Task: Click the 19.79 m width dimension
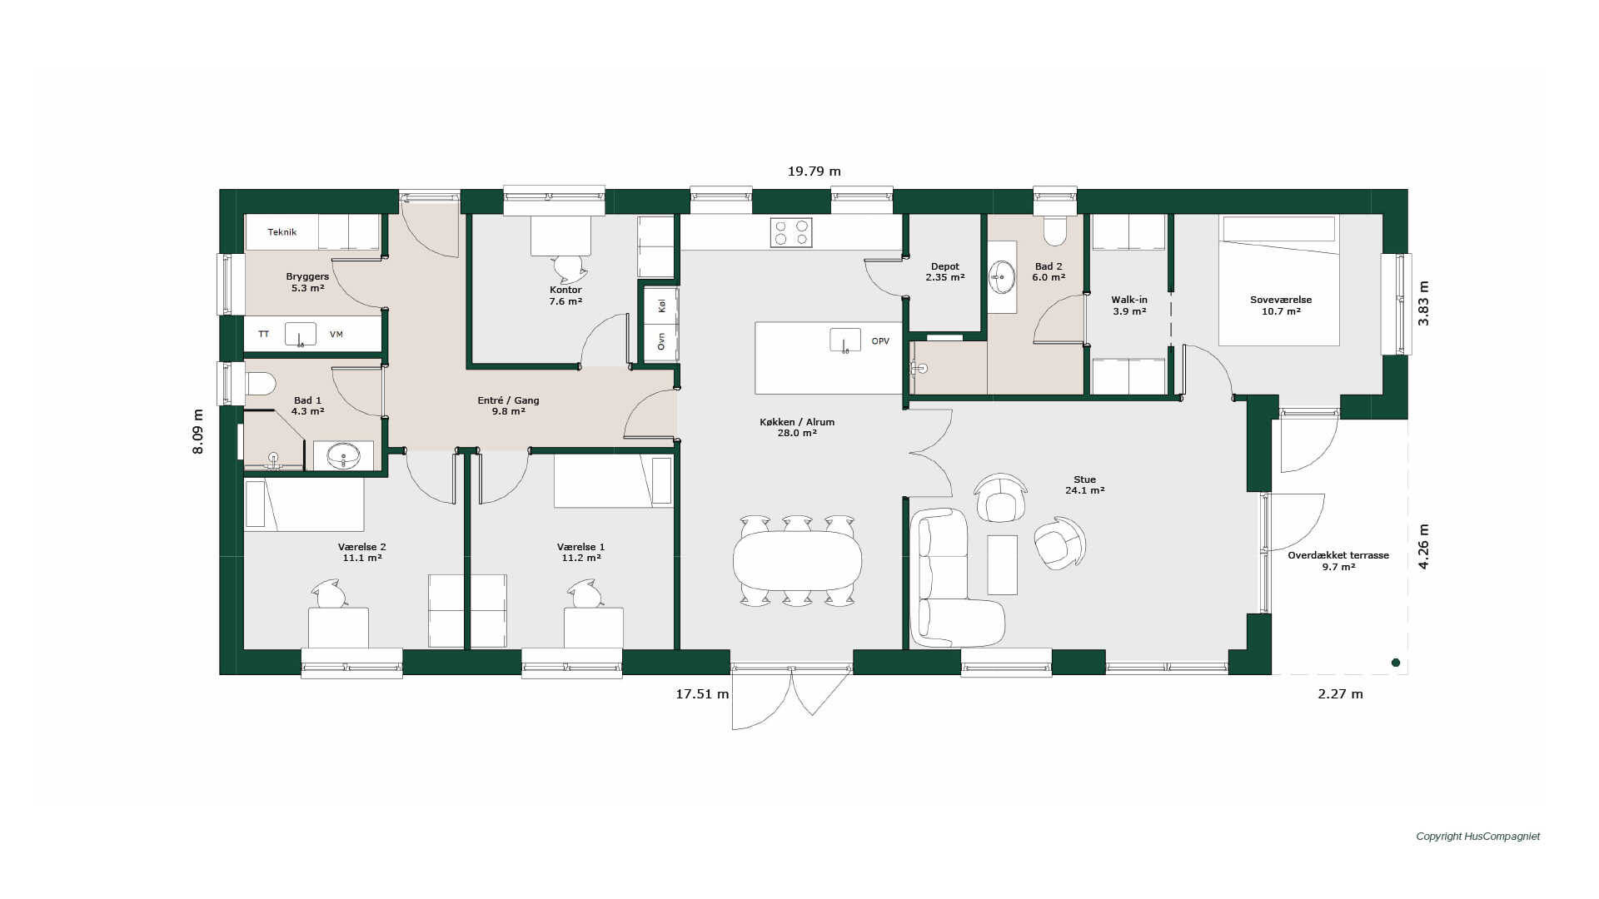coord(814,171)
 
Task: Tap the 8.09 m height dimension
coord(197,431)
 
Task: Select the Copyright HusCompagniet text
coord(1477,837)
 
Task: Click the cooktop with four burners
coord(791,232)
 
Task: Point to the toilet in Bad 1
coord(261,384)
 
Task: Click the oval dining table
coord(797,560)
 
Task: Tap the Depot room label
coord(945,266)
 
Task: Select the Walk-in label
coord(1129,300)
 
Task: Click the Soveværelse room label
coord(1281,300)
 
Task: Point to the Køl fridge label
coord(662,305)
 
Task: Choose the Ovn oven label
coord(662,341)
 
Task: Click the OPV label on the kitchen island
coord(880,341)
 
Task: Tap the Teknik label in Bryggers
coord(282,232)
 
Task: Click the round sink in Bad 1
coord(343,455)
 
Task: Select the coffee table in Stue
coord(1003,564)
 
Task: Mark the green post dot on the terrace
coord(1396,663)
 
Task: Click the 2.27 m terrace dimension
coord(1340,694)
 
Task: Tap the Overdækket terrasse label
coord(1338,555)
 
